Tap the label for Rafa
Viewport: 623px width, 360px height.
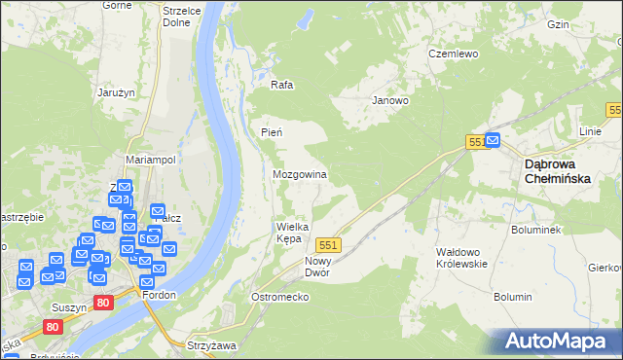click(282, 85)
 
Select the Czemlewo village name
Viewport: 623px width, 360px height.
click(454, 54)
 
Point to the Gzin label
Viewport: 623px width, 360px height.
click(585, 23)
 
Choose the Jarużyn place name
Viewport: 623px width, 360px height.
click(116, 92)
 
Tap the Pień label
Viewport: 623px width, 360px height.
click(272, 132)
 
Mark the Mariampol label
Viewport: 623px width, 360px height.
click(150, 160)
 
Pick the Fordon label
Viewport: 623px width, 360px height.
click(159, 295)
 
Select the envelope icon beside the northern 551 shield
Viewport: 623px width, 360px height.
click(493, 140)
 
